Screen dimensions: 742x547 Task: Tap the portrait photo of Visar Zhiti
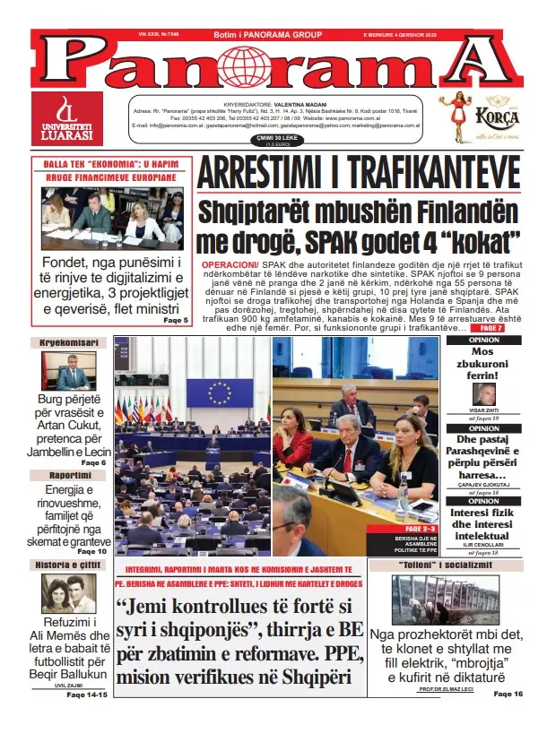click(485, 394)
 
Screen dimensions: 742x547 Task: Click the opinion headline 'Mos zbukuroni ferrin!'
click(484, 366)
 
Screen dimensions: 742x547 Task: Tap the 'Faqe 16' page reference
click(507, 694)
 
